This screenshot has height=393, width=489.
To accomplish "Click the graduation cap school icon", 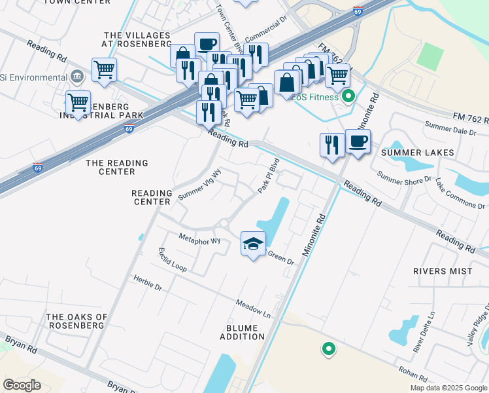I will pos(254,244).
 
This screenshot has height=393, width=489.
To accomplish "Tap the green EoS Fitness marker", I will pos(348,97).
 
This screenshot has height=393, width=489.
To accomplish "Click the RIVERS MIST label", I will pos(442,271).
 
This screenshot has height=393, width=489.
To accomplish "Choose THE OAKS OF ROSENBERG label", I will pos(75,321).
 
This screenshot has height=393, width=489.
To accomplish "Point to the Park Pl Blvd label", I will pos(269,176).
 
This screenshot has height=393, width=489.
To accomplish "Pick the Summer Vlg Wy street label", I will pos(200,184).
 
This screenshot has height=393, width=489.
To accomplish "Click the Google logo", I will pos(22,384).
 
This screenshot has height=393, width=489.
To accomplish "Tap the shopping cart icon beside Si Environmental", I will pos(105,69).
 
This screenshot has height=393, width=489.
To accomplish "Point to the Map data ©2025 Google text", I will pos(448,388).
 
